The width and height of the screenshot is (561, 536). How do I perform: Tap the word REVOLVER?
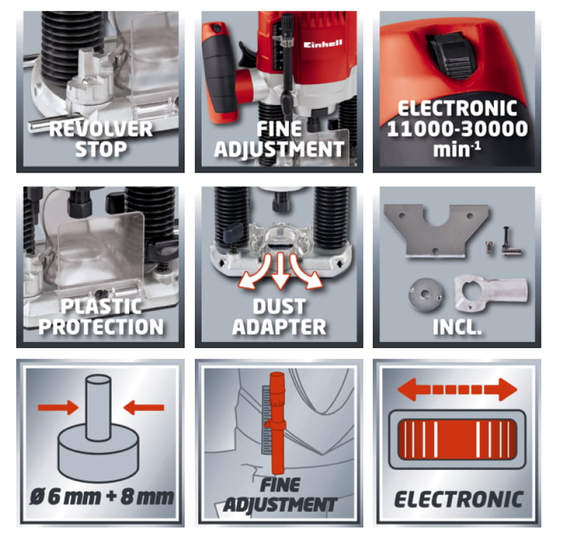click(101, 129)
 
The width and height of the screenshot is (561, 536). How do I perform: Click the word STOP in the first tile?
click(101, 149)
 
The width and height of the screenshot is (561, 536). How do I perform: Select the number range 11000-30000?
click(457, 129)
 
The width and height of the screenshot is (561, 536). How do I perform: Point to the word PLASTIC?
click(101, 307)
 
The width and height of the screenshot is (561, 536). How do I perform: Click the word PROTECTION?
click(101, 327)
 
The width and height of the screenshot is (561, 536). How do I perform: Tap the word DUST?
click(279, 307)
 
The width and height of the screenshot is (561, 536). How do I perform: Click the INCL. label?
click(457, 327)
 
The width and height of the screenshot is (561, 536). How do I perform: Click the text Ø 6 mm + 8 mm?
click(101, 497)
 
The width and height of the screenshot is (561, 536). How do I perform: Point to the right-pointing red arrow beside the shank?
click(58, 408)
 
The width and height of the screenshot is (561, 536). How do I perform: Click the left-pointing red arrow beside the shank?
click(144, 408)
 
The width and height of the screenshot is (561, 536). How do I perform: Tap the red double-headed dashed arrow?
click(457, 389)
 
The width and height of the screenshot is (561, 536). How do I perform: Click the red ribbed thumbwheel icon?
click(457, 439)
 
